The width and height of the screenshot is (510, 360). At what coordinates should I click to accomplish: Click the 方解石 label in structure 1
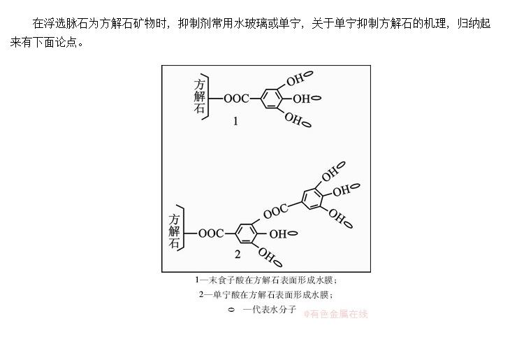(201, 96)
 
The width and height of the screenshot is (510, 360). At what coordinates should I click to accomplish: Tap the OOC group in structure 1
(237, 99)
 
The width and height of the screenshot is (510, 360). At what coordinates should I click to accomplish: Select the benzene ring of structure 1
(270, 99)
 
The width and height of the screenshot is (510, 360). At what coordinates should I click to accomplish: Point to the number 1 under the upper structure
(235, 121)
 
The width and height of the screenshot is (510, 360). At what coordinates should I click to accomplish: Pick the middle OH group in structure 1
(301, 99)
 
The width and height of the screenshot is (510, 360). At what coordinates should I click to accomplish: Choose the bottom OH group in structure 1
(294, 119)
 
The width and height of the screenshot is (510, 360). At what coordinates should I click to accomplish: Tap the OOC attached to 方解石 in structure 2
(212, 233)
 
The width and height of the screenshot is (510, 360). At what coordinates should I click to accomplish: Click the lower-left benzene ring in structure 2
(245, 233)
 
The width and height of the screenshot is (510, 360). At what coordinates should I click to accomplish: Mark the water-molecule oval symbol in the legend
(231, 309)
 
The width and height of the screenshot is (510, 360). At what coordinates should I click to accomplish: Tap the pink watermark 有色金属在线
(335, 314)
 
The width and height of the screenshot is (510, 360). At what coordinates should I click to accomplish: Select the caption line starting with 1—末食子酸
(266, 280)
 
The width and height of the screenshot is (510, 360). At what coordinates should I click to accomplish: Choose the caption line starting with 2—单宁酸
(266, 294)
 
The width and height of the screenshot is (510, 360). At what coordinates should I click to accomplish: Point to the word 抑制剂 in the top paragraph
(195, 23)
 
